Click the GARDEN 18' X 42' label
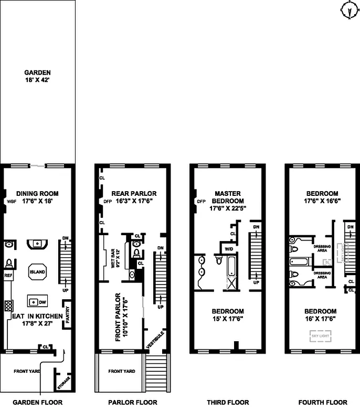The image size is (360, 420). pos(37,77)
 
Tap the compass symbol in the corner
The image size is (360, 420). pos(348,10)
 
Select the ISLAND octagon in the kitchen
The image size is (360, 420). pos(37,271)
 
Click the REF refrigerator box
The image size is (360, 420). pos(8,274)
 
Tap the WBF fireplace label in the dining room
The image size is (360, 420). pos(12,201)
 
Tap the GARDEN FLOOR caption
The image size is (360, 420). pos(37,403)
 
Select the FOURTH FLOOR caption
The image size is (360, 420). pos(322,403)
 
